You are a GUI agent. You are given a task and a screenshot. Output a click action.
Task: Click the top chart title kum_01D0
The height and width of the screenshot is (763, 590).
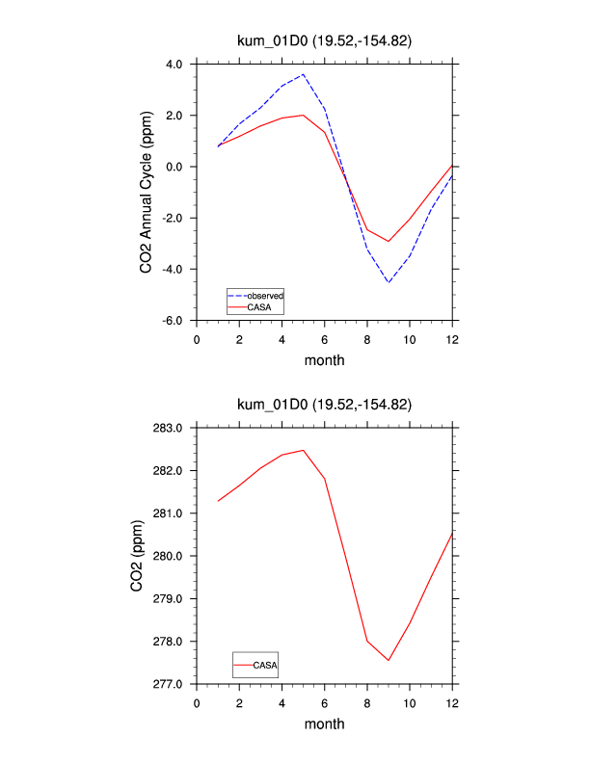pos(325,40)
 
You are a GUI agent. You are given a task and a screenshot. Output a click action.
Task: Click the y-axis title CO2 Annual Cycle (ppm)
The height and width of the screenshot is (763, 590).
pos(147,193)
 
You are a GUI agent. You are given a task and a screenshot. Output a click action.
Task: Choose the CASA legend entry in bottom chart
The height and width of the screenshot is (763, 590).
pos(265,665)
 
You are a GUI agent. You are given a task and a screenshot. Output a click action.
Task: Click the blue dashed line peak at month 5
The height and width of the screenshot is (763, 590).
pos(304,74)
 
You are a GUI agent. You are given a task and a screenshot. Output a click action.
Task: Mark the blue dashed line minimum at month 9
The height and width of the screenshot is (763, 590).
pos(389,282)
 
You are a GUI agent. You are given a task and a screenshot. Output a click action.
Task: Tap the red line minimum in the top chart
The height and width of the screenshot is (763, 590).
pos(389,241)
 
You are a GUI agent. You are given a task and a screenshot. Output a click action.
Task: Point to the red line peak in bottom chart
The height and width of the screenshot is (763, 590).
pos(304,450)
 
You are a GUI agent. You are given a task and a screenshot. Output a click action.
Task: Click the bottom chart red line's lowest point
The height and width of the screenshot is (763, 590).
pos(389,660)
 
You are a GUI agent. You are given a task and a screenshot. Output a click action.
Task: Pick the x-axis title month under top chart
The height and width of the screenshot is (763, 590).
pos(325,360)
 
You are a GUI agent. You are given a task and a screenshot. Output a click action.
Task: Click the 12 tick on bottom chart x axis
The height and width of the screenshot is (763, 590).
pos(452,702)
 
